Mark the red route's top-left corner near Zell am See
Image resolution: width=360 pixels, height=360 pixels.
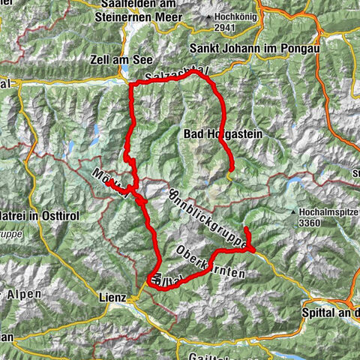(132, 85)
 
